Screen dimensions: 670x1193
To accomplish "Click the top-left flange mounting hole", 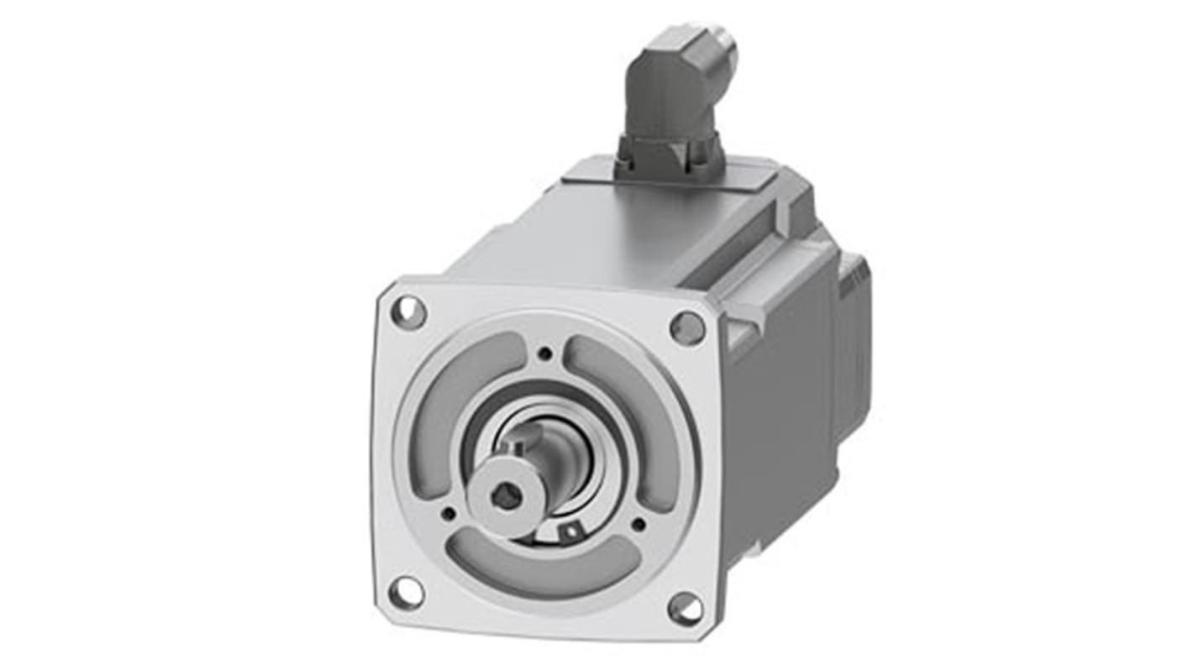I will tap(409, 312).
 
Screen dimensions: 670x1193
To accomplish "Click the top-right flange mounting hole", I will tap(687, 327).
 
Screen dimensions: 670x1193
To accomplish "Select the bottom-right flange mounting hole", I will tap(686, 608).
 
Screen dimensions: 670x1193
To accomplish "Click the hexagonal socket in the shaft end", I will tap(502, 499).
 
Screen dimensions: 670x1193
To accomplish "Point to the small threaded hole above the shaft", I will tap(545, 354).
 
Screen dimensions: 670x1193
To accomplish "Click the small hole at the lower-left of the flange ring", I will tap(449, 514).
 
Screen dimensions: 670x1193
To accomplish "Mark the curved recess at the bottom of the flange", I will tap(546, 566).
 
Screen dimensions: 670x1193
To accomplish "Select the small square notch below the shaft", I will tap(573, 531).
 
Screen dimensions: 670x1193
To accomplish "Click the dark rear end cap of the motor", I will tap(854, 336).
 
